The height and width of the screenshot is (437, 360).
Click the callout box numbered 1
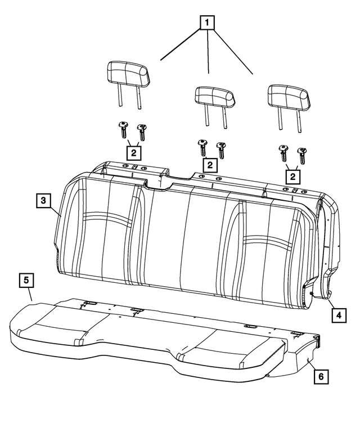tap(208, 22)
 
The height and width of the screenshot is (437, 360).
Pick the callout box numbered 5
tap(26, 280)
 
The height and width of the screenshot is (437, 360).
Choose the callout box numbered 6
tap(319, 377)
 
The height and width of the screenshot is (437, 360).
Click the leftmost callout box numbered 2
tap(133, 152)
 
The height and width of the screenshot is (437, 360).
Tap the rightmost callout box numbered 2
tap(292, 175)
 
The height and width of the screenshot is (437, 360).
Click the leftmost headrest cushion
tap(128, 75)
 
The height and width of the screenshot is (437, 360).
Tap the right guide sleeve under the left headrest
tap(141, 132)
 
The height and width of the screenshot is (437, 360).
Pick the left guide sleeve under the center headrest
tap(201, 147)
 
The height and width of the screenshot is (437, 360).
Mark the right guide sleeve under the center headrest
tap(221, 149)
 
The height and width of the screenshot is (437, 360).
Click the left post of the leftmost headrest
tap(119, 96)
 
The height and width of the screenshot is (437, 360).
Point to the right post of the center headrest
tap(225, 116)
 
